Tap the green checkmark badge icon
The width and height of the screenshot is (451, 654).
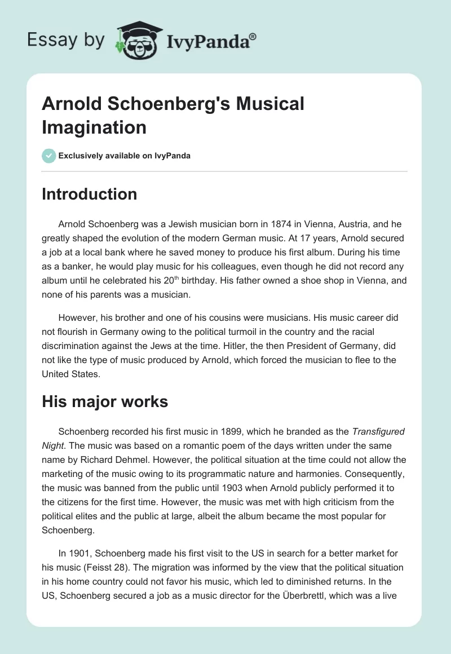click(x=49, y=156)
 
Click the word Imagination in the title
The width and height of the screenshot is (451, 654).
click(x=94, y=127)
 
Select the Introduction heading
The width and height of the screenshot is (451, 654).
click(x=90, y=194)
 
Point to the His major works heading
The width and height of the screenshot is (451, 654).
click(x=105, y=402)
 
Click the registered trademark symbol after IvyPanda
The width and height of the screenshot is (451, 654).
click(x=253, y=36)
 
